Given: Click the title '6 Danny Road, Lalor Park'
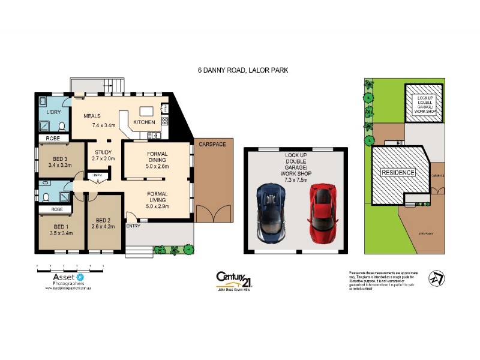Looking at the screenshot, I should [243, 70].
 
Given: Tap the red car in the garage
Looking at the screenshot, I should [322, 211].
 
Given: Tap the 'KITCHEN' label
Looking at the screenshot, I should [144, 122].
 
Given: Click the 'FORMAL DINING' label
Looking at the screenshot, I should [158, 157].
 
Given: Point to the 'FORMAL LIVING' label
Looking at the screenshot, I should [158, 197].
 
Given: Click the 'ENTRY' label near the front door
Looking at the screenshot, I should [133, 226].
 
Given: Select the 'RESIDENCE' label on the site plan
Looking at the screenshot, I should [398, 173].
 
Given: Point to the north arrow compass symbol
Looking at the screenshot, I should [436, 278].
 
